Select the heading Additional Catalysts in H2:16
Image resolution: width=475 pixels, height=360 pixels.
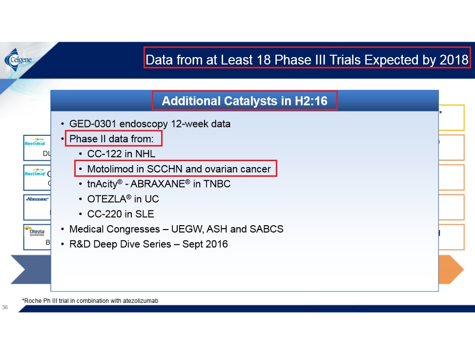pos(244,101)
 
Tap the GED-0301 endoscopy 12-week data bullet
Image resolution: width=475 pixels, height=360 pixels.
pos(149,124)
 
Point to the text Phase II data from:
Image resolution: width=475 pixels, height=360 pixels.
pos(111,139)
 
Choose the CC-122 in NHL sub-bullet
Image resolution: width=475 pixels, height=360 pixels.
pos(121,154)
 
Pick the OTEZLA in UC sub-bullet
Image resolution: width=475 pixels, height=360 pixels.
pos(123,199)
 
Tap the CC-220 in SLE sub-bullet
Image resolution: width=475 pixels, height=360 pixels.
pos(121,214)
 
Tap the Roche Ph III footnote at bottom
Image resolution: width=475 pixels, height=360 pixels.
pos(90,301)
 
